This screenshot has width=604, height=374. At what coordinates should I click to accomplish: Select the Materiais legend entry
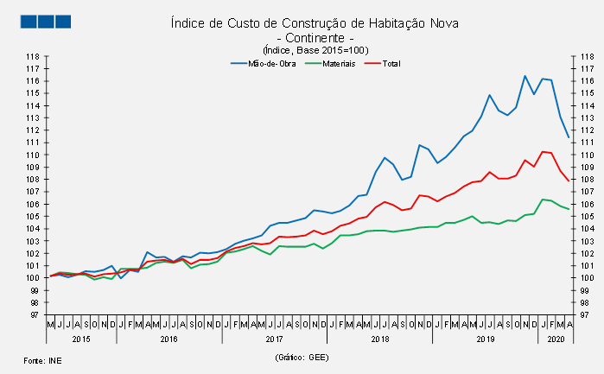tap(338, 63)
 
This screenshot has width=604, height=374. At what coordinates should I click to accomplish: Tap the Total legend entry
tap(390, 63)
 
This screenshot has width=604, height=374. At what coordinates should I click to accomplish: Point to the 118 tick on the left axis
tap(32, 57)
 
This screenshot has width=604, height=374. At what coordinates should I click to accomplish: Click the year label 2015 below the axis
tap(81, 339)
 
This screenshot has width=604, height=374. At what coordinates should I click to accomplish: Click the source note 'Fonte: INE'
tap(41, 358)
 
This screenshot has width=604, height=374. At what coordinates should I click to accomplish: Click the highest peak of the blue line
tap(525, 76)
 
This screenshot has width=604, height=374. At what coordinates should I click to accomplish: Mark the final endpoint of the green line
tap(568, 209)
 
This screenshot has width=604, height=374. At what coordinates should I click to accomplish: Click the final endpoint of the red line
tap(568, 181)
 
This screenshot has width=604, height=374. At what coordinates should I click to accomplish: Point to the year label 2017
tap(274, 339)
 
